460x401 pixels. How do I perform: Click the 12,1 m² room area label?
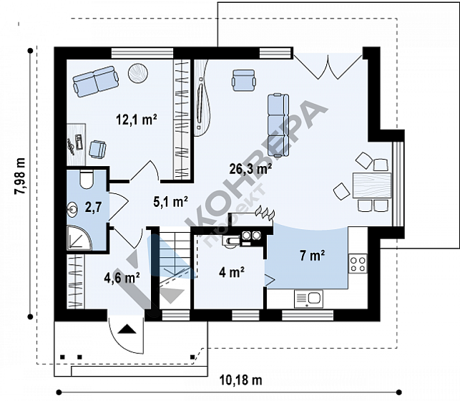(x=137, y=120)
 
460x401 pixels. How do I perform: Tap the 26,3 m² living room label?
(x=250, y=169)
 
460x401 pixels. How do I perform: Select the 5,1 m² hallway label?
(x=170, y=202)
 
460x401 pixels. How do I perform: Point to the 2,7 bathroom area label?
(x=93, y=207)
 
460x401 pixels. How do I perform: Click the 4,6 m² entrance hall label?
(x=122, y=277)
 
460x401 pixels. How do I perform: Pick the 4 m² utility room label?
(x=232, y=272)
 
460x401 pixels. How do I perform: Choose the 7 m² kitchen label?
(x=312, y=256)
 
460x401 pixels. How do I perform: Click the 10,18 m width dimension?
(x=240, y=380)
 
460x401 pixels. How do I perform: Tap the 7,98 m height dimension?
(x=20, y=176)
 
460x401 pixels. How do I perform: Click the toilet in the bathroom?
(x=87, y=179)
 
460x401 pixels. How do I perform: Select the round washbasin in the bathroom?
(x=72, y=208)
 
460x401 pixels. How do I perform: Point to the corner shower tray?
(x=79, y=238)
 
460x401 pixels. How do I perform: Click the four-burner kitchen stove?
(x=358, y=264)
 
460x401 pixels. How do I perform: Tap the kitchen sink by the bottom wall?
(x=308, y=299)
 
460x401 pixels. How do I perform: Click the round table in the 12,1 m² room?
(x=138, y=73)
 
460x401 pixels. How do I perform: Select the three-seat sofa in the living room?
(x=278, y=125)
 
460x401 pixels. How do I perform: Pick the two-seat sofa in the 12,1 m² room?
(x=96, y=82)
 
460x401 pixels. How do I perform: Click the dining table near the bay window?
(x=372, y=185)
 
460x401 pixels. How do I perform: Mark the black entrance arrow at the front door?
(x=127, y=329)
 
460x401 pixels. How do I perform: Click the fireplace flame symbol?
(x=265, y=212)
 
